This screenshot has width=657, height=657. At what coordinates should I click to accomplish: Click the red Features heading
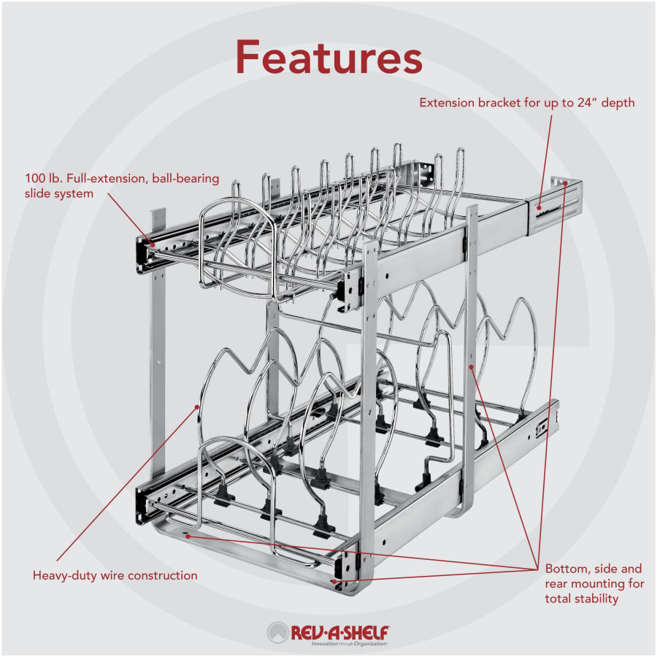328,56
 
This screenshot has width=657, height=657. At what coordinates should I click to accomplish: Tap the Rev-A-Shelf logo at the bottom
328,633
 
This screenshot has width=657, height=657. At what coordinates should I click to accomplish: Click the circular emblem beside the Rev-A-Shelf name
278,632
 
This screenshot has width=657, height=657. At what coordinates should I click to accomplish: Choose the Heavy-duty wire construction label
115,575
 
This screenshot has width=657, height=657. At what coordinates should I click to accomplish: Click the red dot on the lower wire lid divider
198,406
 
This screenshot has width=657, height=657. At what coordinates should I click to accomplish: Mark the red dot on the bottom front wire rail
188,535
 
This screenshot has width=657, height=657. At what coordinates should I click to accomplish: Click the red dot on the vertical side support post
472,366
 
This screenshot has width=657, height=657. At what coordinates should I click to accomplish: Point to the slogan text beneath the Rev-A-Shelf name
349,644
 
